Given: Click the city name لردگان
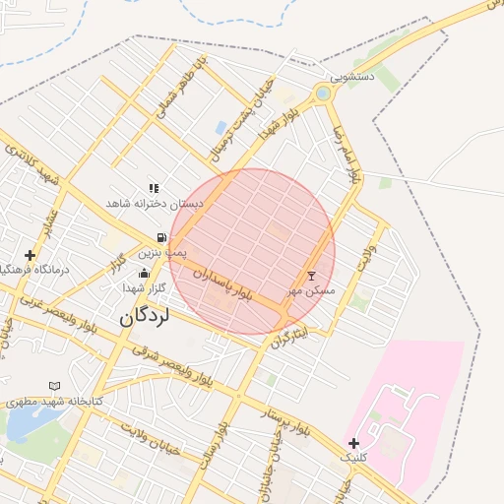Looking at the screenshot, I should click(144, 317).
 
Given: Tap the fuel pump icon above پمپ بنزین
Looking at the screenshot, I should click(160, 237).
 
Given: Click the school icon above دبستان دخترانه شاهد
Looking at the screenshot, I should click(154, 187).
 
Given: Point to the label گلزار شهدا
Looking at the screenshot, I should click(144, 288).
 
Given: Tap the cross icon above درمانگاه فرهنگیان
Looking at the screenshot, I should click(31, 255).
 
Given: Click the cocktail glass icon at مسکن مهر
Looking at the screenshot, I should click(312, 275).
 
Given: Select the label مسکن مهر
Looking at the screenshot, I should click(311, 290).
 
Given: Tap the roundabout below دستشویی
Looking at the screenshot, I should click(322, 94).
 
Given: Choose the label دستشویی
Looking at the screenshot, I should click(352, 76).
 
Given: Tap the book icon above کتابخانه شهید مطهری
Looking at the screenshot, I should click(54, 385).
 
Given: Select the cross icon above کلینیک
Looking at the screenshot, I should click(353, 443).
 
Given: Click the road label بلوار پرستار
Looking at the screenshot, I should click(285, 423).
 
